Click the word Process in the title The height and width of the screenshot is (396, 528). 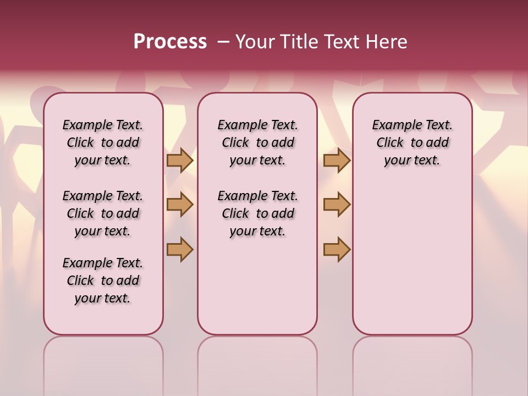point(170,42)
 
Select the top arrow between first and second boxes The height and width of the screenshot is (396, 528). point(180,161)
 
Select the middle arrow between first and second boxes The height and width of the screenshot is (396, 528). point(180,205)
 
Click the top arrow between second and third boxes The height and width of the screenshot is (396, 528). point(337,161)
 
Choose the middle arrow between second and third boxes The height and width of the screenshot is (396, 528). point(337,205)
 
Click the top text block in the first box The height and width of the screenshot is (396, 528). point(103,142)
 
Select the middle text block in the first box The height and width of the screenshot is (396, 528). point(103,213)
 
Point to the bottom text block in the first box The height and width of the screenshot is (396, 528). point(103,280)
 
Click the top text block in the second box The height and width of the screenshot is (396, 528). point(257,142)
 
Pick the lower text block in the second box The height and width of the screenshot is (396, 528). point(257,213)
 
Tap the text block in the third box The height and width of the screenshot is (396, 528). point(413,142)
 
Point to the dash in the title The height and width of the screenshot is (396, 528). point(223,42)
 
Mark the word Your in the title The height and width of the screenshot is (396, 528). point(255,42)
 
